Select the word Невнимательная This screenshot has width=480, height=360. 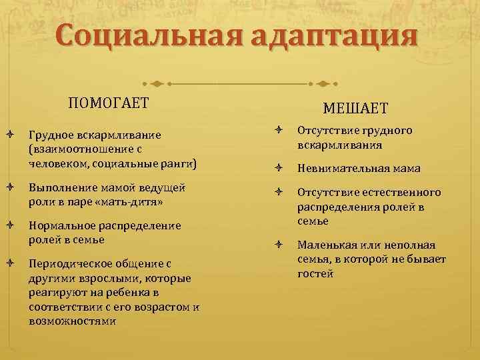pyautogui.click(x=341, y=169)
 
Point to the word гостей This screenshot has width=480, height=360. pyautogui.click(x=316, y=273)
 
